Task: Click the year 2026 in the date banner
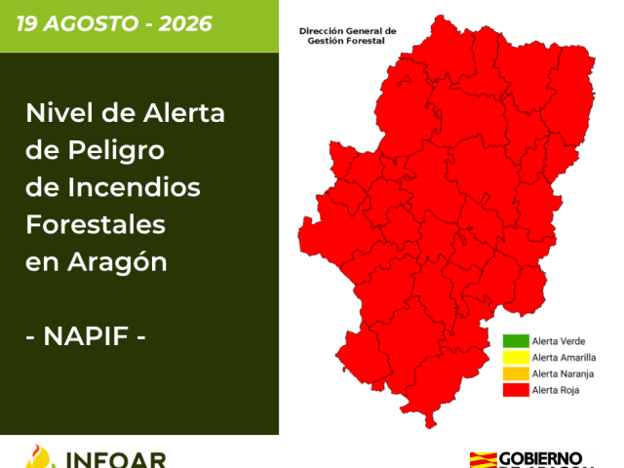(x=185, y=23)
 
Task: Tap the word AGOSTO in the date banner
(x=91, y=23)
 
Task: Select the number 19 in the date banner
(x=26, y=23)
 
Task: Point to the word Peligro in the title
(x=116, y=151)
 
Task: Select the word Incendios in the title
(x=135, y=187)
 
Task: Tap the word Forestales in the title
(x=96, y=225)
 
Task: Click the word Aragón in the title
(x=117, y=263)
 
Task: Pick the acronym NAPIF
(x=86, y=336)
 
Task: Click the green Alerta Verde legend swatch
(x=516, y=341)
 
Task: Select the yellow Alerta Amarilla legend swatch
(x=516, y=358)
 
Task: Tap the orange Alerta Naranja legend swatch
(x=516, y=373)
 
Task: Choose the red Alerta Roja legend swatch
(x=516, y=390)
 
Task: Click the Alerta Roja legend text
(x=556, y=390)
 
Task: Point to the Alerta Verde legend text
(x=559, y=341)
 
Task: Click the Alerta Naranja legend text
(x=564, y=374)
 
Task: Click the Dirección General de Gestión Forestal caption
(x=347, y=36)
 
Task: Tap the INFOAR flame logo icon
(x=40, y=457)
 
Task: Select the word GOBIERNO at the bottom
(x=540, y=459)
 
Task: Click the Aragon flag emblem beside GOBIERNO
(x=484, y=460)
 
